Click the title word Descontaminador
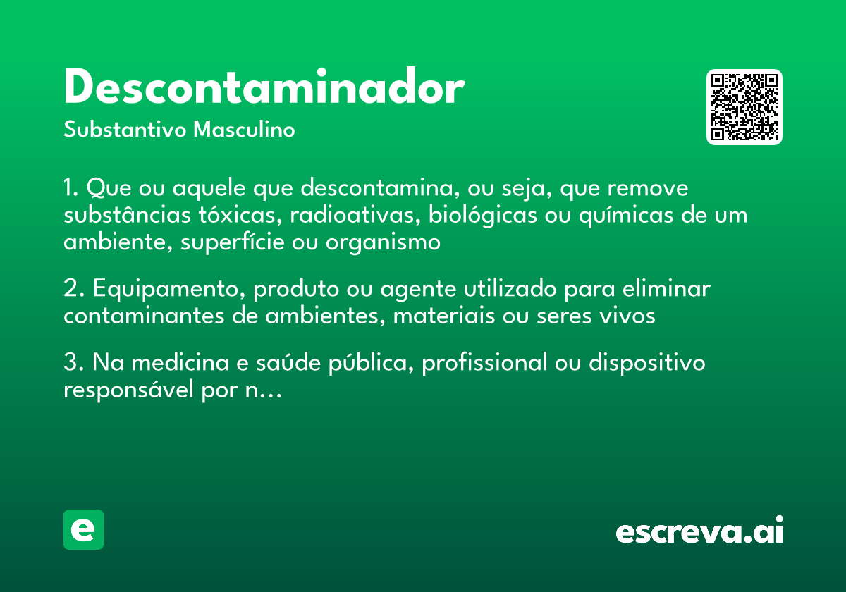point(264,89)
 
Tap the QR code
point(744,107)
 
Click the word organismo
point(383,242)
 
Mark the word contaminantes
point(145,316)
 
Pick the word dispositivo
point(646,363)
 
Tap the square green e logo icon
point(83,529)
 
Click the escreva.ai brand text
point(699,531)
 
